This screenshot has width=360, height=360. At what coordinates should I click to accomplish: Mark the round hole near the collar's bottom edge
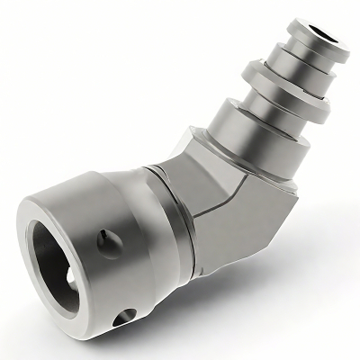(125, 316)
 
